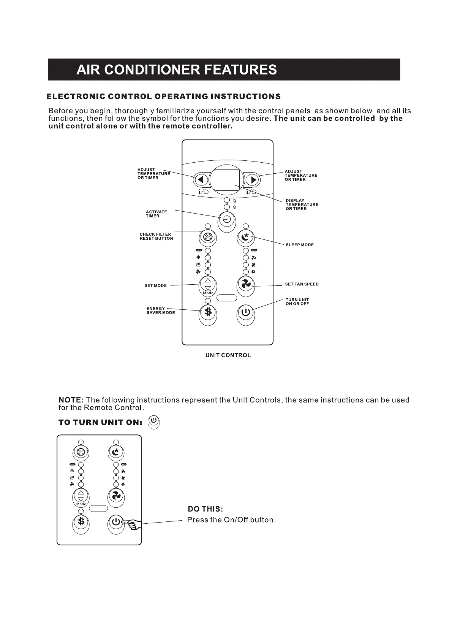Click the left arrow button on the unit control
coord(201,179)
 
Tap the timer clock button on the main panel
coord(227,219)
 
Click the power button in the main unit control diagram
coord(246,312)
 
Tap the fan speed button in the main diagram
coord(246,284)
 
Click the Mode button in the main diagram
coord(208,285)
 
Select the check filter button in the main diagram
coord(208,238)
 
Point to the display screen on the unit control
coord(227,180)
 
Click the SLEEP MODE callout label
coord(300,245)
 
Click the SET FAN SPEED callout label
coord(302,284)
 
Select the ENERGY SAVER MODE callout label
coord(161,310)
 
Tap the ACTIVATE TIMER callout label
coord(156,214)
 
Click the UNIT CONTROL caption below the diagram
coord(228,355)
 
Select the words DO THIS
coord(205,509)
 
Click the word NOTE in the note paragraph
coord(71,400)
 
